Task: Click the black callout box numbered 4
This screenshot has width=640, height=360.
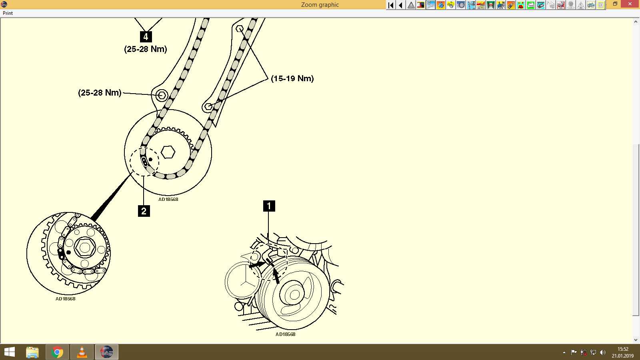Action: point(146,37)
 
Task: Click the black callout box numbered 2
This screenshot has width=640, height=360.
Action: point(144,211)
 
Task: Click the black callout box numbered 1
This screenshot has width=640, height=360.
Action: point(269,206)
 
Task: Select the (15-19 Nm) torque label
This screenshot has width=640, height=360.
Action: point(292,78)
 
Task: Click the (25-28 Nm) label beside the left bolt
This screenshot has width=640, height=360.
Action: point(100,93)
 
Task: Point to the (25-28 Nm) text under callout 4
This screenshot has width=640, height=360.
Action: point(146,49)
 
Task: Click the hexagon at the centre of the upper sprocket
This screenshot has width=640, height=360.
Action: point(168,152)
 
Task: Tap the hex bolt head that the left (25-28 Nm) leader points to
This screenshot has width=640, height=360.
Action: point(162,95)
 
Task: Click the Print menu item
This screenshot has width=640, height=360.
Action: point(8,13)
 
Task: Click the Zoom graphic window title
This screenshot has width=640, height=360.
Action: point(320,5)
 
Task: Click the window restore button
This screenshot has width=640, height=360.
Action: point(615,4)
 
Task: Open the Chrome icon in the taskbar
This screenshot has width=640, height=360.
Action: point(57,352)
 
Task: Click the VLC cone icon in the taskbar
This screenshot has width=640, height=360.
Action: point(82,352)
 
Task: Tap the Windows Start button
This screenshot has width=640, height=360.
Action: point(10,352)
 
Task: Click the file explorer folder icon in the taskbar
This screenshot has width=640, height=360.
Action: point(32,352)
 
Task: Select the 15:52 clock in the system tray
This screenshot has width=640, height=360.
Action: point(622,349)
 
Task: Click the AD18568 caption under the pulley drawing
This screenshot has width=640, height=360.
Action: point(285,334)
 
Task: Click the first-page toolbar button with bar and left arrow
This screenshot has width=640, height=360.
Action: point(391,5)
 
